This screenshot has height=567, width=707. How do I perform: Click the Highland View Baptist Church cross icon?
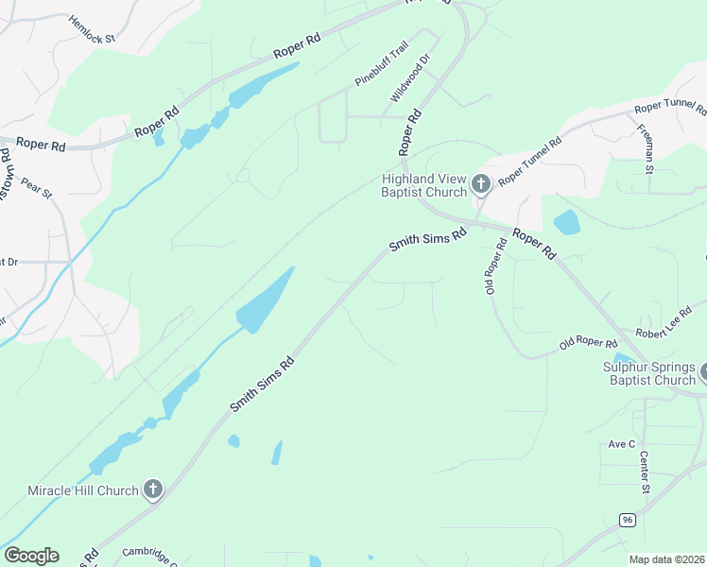pos(481,184)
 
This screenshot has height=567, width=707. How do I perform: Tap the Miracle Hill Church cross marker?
pos(153,490)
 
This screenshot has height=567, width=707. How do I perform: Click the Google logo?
pos(31,556)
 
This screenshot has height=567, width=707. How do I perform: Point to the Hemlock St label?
pos(91,28)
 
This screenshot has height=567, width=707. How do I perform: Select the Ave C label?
pos(621,444)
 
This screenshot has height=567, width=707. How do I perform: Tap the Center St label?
pos(645,472)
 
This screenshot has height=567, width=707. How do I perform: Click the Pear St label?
pos(37,187)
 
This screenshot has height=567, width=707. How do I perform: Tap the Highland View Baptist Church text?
pos(424,185)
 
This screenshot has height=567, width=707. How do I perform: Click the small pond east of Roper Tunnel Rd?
pos(566,223)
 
